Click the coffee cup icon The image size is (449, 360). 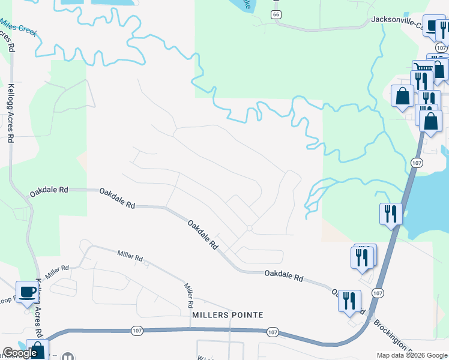pos(26,292)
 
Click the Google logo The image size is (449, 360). pos(20,353)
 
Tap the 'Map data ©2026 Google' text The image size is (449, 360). pos(411,355)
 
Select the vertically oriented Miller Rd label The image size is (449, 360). pos(188,293)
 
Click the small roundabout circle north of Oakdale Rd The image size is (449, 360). pos(249,228)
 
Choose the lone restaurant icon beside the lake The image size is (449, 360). pos(391,213)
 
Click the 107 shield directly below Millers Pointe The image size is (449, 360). pos(273,332)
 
